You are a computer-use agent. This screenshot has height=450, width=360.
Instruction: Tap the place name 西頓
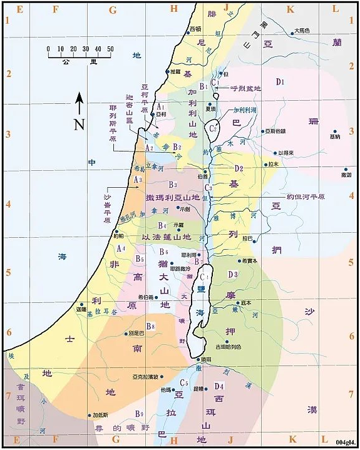point(195,29)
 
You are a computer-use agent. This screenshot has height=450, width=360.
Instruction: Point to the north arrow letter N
point(79,123)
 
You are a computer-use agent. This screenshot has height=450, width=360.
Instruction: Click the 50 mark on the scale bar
point(110,49)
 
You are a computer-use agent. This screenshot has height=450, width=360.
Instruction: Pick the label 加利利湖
point(245,109)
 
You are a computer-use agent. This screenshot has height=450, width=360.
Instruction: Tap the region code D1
point(280,82)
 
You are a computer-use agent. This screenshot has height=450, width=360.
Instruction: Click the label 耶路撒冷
point(180,268)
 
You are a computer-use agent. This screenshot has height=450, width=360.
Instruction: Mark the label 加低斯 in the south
point(100,415)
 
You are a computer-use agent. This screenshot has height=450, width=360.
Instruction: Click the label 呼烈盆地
point(245,88)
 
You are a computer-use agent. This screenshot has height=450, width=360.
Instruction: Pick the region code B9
point(140,414)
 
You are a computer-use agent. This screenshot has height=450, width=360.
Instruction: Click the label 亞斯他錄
point(275,131)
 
